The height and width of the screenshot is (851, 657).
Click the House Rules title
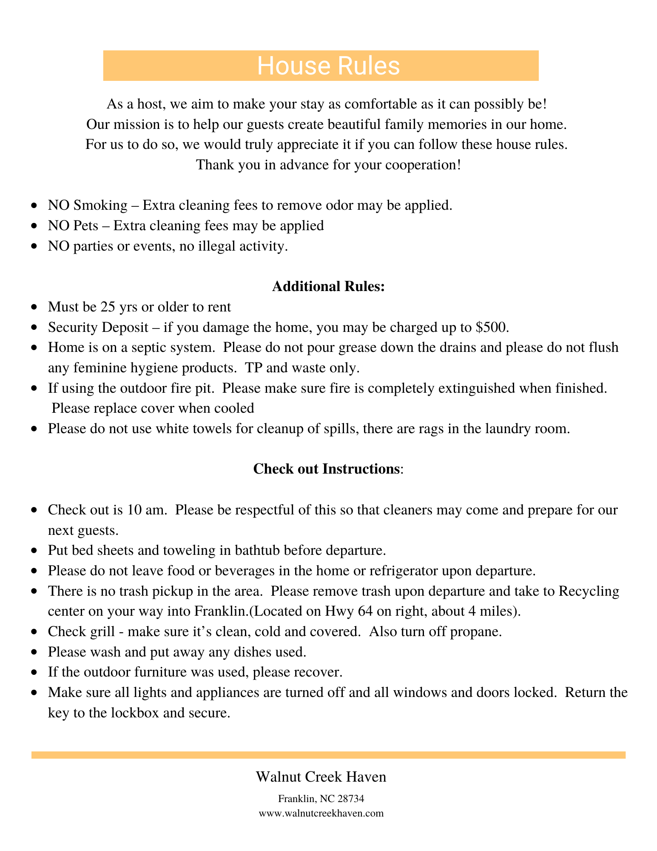pyautogui.click(x=328, y=66)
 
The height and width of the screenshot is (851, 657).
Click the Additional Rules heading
pyautogui.click(x=328, y=286)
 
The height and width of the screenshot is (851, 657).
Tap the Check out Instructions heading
pyautogui.click(x=327, y=469)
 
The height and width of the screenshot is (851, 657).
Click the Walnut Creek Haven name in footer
pyautogui.click(x=321, y=777)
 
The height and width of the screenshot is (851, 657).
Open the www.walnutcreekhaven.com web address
pyautogui.click(x=321, y=813)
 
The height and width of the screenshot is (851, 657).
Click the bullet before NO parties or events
pyautogui.click(x=35, y=246)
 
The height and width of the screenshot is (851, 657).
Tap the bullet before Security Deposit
pyautogui.click(x=35, y=327)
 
